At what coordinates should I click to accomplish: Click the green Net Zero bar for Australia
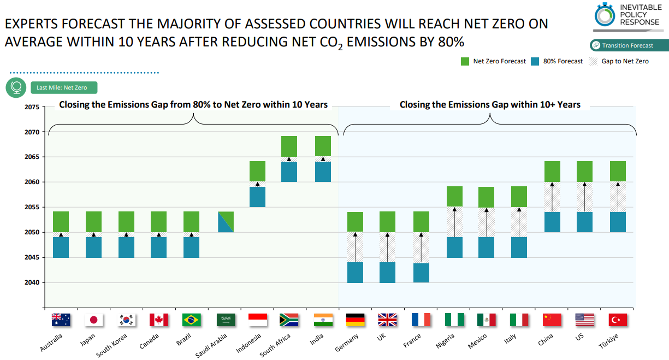pos(61,221)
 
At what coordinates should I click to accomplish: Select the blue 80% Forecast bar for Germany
pos(355,272)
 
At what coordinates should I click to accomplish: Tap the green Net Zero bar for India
pos(323,146)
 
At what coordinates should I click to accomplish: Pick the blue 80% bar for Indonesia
pos(257,197)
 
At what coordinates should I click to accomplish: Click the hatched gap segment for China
pos(552,197)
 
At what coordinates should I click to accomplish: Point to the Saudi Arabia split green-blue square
pos(226,222)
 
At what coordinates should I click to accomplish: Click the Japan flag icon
pos(93,320)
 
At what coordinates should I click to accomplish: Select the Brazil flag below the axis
pos(191,320)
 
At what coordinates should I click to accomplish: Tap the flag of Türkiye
pos(618,320)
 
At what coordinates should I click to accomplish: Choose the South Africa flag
pos(288,320)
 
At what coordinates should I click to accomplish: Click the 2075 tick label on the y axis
pos(32,107)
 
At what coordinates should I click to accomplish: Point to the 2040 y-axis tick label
pos(32,282)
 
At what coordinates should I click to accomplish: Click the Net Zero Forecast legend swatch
pos(465,61)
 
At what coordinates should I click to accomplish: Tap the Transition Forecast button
pos(629,45)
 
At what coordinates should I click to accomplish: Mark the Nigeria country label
pos(445,341)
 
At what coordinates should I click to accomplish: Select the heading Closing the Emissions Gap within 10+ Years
pos(490,104)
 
